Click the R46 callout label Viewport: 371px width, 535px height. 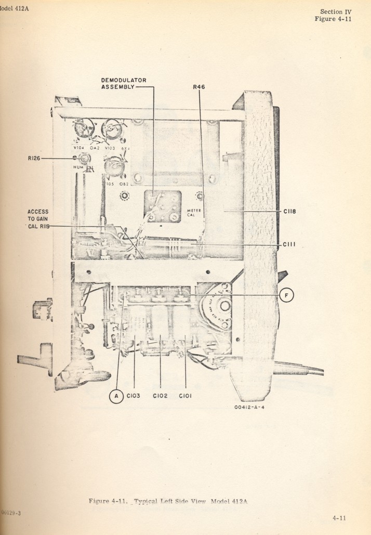point(199,87)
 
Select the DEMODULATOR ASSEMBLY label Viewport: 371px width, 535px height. point(124,83)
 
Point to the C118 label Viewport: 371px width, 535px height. point(290,211)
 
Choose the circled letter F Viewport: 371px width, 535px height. point(286,295)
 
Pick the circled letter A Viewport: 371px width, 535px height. point(116,396)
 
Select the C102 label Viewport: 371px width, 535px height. point(161,396)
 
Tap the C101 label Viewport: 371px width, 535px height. point(186,396)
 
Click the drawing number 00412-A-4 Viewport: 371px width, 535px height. point(250,408)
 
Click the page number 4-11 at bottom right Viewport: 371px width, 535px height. point(340,518)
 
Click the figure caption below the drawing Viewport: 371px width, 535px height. point(168,501)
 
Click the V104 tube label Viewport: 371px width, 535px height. point(79,148)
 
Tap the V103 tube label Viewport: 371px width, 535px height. point(109,148)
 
